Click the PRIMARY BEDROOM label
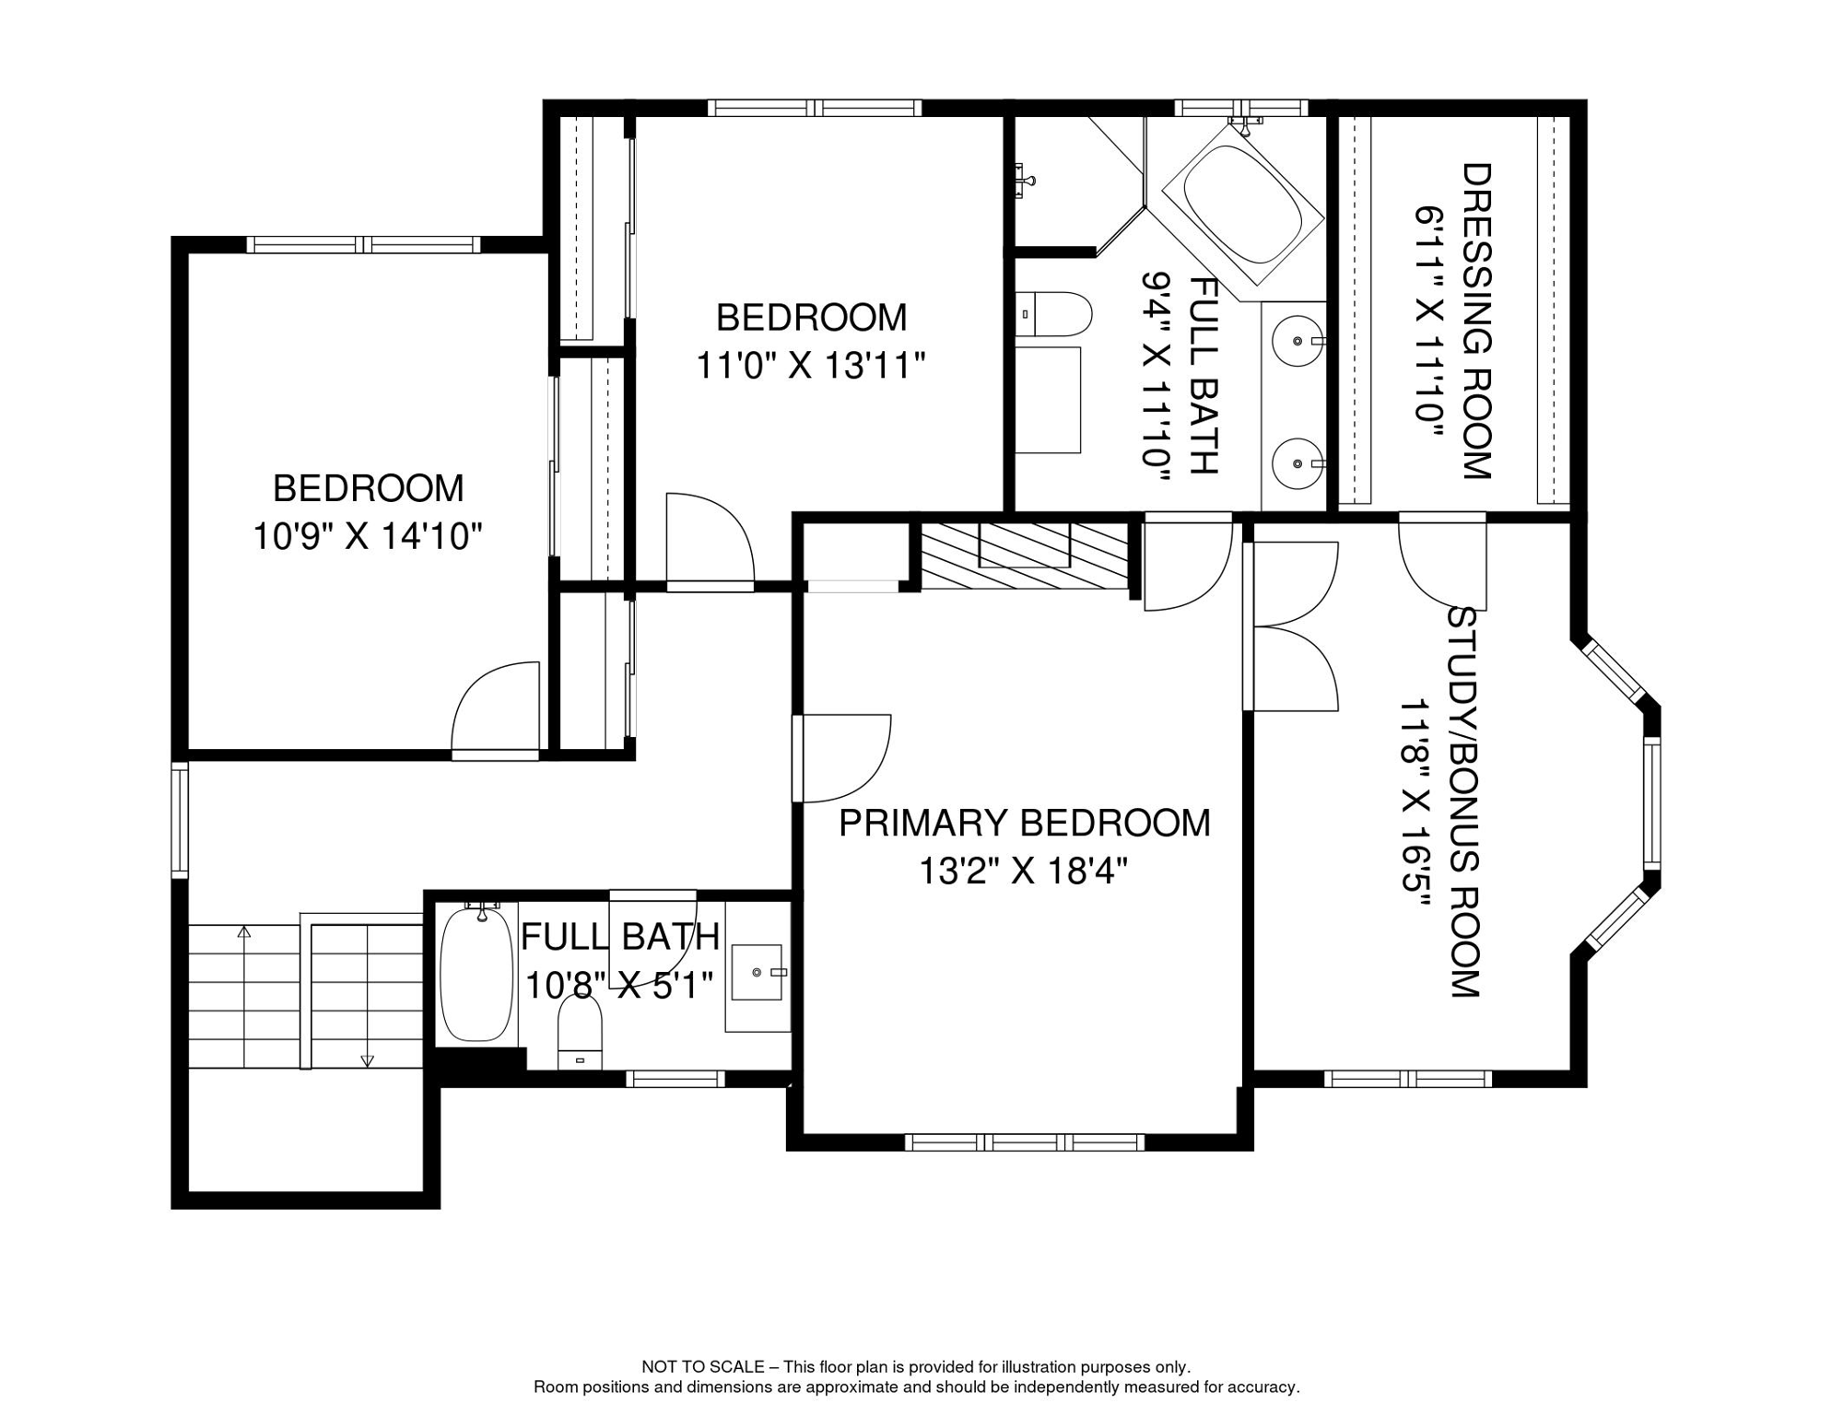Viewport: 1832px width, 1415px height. click(x=1024, y=823)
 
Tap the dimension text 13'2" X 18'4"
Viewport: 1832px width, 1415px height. click(x=1024, y=871)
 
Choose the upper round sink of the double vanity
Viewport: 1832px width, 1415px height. click(x=1297, y=341)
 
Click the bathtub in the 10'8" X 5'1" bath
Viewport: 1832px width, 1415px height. click(x=476, y=975)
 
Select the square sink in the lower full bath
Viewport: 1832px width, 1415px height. click(x=757, y=972)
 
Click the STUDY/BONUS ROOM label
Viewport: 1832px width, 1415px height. click(x=1463, y=801)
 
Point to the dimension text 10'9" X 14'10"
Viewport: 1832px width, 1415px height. click(x=368, y=536)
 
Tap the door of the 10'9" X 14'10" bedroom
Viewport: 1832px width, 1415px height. click(x=496, y=709)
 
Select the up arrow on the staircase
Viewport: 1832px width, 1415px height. click(x=244, y=932)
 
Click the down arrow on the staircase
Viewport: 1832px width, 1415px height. click(x=367, y=1060)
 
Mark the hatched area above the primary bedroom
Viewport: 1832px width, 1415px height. click(x=1024, y=555)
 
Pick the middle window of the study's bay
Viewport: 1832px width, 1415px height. click(x=1651, y=801)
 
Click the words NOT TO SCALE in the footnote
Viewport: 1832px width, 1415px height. click(x=702, y=1367)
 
